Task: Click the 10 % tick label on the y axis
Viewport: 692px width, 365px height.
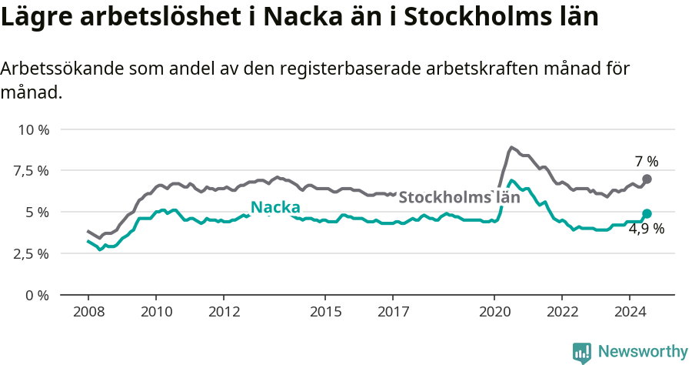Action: (33, 129)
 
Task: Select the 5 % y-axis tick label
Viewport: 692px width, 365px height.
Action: (37, 212)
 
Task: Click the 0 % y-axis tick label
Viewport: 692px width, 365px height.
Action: (37, 295)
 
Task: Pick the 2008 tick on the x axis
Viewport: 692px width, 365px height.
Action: (88, 312)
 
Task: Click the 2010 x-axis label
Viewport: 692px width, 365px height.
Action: (155, 312)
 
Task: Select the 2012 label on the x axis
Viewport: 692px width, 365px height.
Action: (223, 312)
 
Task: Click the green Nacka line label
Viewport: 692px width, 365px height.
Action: (275, 207)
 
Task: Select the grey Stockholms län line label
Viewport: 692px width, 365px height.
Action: (459, 197)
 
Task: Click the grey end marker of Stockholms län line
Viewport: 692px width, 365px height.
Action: (647, 179)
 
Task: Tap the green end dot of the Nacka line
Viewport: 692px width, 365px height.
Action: (647, 213)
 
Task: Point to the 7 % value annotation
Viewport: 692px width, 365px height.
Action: (647, 162)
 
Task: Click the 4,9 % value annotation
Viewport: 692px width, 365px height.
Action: (646, 229)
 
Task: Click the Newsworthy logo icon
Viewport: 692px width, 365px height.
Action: (582, 352)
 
